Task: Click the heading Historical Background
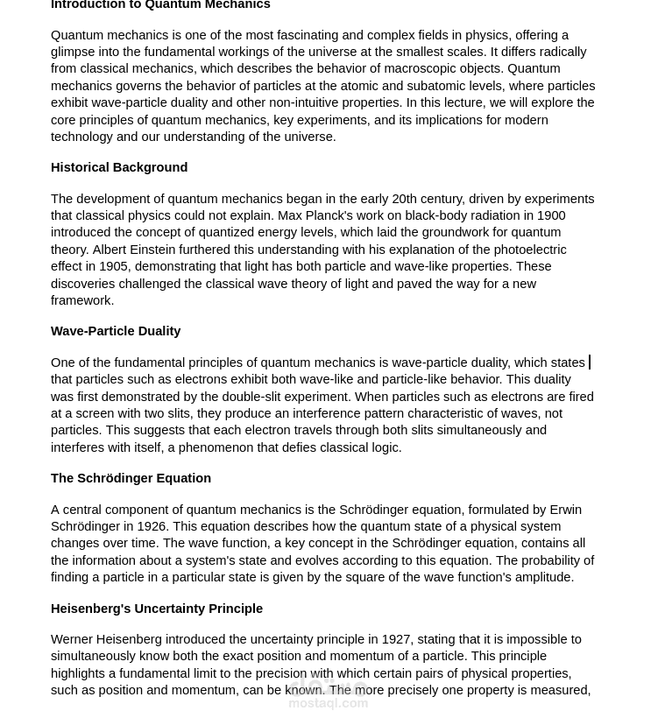click(x=119, y=167)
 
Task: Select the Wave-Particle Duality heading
click(x=116, y=331)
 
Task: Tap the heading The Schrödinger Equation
click(x=131, y=478)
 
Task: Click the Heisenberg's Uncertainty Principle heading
click(x=157, y=609)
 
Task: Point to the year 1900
click(x=551, y=215)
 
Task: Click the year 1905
click(x=113, y=266)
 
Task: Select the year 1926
click(x=152, y=526)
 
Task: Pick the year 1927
click(x=396, y=639)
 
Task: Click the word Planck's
click(x=329, y=215)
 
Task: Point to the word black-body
click(x=436, y=215)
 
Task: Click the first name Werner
click(x=73, y=639)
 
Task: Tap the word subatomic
click(x=436, y=86)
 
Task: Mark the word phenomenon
click(x=216, y=447)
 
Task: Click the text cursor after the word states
click(x=590, y=362)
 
